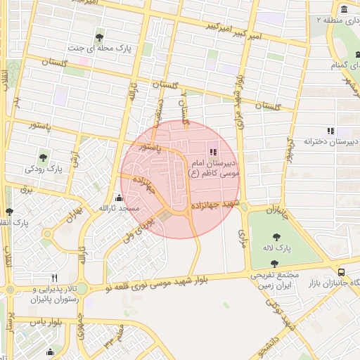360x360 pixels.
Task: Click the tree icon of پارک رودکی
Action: (44, 157)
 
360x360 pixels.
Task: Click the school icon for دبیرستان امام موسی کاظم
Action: (213, 152)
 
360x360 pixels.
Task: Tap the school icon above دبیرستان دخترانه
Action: (330, 131)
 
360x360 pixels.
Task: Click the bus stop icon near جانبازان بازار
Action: (341, 271)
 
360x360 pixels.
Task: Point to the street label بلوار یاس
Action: (48, 321)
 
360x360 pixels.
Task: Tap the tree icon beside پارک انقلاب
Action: (9, 211)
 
